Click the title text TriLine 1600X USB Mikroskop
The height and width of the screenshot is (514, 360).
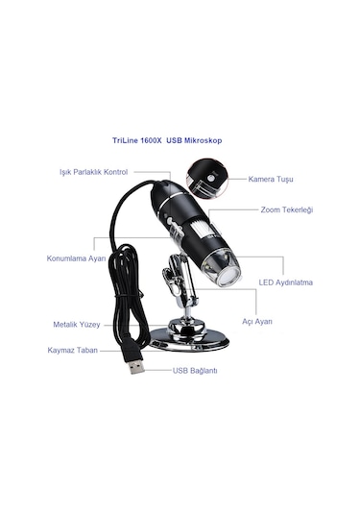tap(180, 139)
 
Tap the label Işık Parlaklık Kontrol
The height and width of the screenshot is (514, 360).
tap(95, 174)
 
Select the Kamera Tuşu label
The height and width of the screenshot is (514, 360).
tap(270, 179)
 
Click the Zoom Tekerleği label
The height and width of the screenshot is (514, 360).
tap(285, 209)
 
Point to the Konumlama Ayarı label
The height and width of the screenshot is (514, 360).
tap(76, 258)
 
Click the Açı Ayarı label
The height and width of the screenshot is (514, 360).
tap(256, 321)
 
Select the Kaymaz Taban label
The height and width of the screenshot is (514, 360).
tap(74, 351)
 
